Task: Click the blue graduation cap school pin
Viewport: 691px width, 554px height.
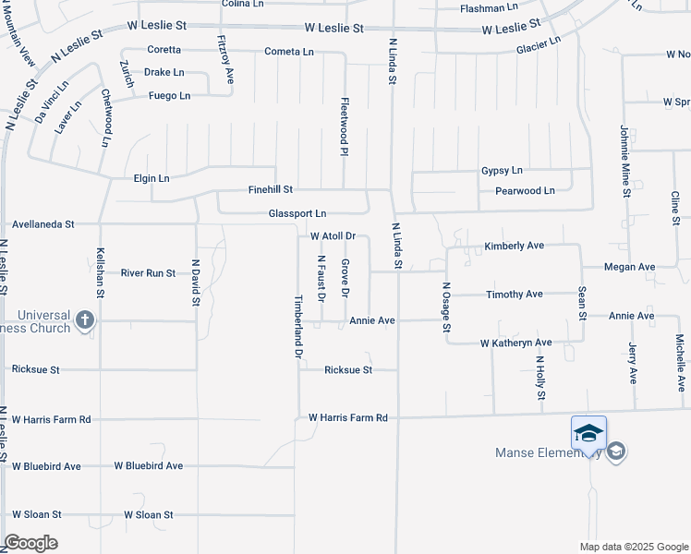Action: point(589,433)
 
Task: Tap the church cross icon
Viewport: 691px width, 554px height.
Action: point(84,320)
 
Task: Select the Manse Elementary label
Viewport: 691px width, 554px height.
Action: point(549,452)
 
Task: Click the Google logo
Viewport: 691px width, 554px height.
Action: point(30,543)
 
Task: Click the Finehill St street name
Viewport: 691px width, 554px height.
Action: point(271,189)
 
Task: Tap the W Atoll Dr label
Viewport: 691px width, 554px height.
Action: point(333,237)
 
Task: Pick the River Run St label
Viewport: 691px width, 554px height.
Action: point(148,273)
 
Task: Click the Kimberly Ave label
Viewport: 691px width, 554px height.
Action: point(515,247)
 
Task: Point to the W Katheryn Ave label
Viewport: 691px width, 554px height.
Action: point(515,343)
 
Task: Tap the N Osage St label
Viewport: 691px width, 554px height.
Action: point(446,307)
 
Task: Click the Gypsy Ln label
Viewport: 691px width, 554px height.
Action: point(502,171)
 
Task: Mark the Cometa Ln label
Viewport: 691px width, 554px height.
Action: point(289,52)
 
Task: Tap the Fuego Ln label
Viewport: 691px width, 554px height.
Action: point(169,95)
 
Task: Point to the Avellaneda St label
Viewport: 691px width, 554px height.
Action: point(43,224)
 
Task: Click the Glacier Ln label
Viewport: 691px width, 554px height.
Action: point(539,46)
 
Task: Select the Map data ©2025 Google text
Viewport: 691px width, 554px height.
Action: point(633,547)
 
